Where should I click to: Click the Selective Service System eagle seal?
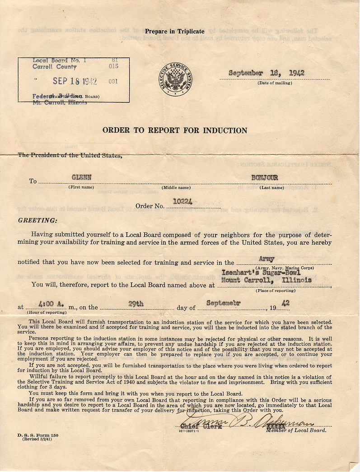click(175, 79)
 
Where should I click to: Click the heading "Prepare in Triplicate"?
click(174, 32)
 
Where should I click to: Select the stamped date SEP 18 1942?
click(75, 81)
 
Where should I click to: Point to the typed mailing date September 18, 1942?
click(266, 73)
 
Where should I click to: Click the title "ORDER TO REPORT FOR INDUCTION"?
click(175, 130)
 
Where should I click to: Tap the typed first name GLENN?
click(81, 178)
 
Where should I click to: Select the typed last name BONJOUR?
click(265, 178)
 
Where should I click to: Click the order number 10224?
click(183, 202)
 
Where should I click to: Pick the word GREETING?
click(37, 221)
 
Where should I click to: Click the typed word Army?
click(266, 259)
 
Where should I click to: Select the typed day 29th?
click(136, 304)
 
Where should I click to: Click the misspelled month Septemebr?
click(224, 303)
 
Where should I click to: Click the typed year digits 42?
click(285, 304)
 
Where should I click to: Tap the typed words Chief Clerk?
click(201, 426)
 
